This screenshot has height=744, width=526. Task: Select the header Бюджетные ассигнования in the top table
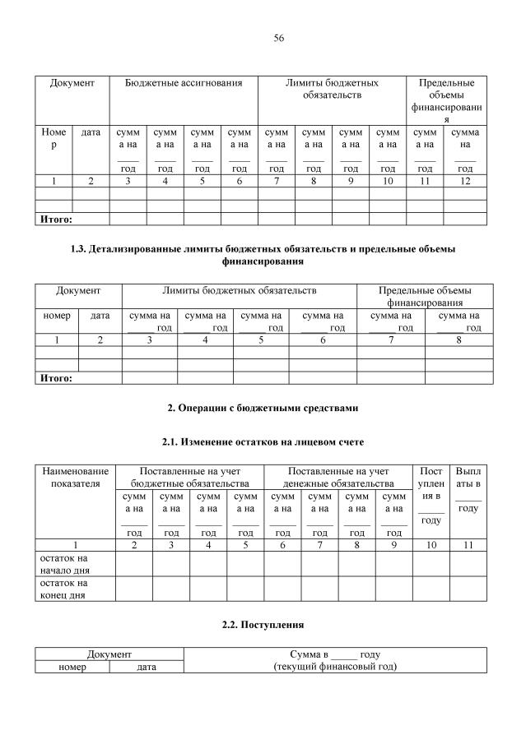coord(184,83)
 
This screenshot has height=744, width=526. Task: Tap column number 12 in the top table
coord(465,181)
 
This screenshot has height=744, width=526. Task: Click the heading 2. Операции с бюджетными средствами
coord(263,408)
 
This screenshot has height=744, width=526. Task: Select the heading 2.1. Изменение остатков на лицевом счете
coord(263,442)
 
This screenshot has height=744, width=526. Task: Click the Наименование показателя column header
coord(75,478)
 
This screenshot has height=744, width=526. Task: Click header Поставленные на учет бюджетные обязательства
coord(189,478)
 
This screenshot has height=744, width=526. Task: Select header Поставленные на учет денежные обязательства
coord(338,478)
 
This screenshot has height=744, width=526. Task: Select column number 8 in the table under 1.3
coord(459,340)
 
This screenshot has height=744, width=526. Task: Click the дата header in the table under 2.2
coord(146,667)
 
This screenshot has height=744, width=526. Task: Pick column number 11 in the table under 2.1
coord(468,543)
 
